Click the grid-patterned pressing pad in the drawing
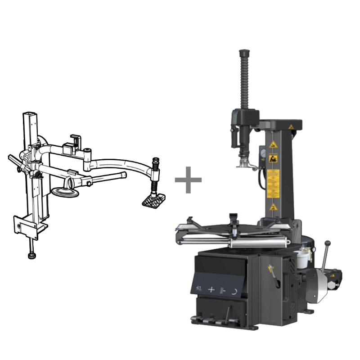coord(153,200)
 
